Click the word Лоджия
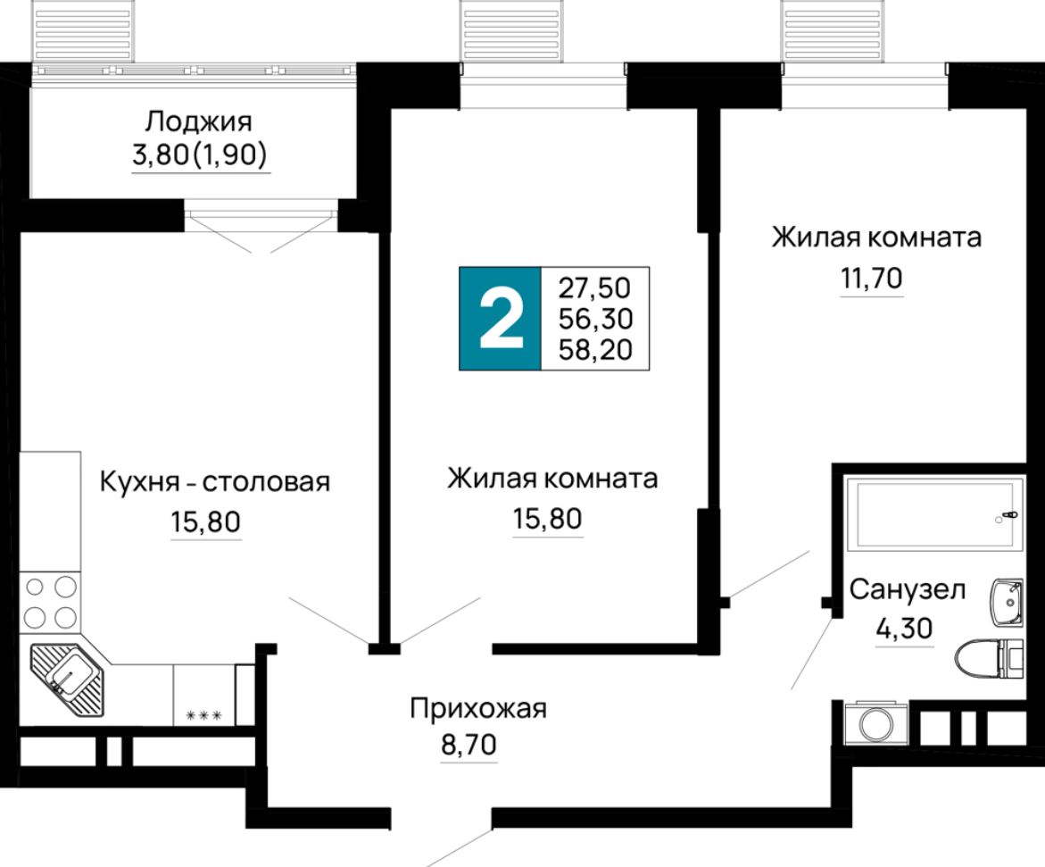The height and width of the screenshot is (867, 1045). tap(200, 121)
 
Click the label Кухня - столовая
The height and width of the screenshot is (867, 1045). tap(214, 483)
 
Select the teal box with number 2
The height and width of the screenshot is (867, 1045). tap(500, 319)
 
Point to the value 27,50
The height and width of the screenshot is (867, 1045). tap(594, 288)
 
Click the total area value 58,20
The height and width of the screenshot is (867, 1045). tap(594, 349)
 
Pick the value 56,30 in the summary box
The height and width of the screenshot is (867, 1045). tap(594, 319)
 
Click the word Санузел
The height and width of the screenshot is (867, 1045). tap(907, 590)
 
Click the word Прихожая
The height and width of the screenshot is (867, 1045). tap(477, 710)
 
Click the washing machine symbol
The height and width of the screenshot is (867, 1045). tap(875, 723)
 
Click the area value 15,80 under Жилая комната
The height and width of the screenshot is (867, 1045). tap(548, 518)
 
